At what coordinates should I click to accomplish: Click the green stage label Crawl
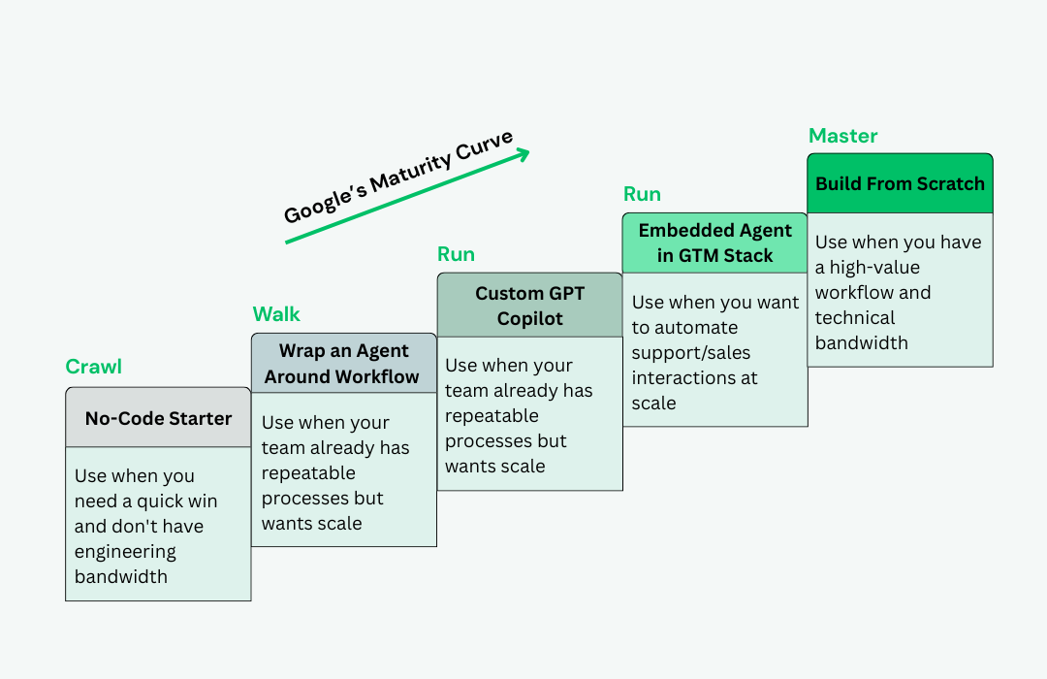pos(93,367)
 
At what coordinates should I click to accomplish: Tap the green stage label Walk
pos(276,314)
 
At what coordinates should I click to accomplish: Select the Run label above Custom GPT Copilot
pos(456,254)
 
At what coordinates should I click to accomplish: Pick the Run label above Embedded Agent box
pos(642,194)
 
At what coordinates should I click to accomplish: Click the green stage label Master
pos(842,136)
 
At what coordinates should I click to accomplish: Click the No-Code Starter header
pos(158,418)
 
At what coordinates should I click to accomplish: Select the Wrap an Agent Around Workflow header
pos(343,364)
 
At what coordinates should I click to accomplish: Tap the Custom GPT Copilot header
pos(529,306)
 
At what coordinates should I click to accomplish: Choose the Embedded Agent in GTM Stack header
pos(714,243)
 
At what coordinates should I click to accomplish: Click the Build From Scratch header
pos(900,183)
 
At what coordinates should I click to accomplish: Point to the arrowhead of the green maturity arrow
pos(523,152)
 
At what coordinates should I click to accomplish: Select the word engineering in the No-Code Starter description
pos(125,552)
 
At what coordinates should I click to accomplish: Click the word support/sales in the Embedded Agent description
pos(690,353)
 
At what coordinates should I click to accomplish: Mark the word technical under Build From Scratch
pos(855,318)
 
